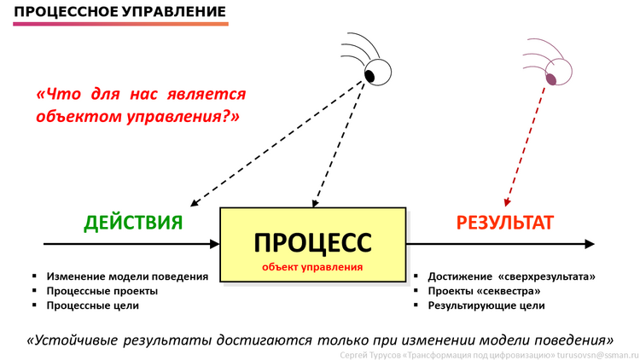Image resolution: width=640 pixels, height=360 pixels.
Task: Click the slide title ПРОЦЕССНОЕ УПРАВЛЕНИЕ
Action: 119,11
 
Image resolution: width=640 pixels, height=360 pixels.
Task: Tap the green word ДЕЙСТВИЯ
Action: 133,223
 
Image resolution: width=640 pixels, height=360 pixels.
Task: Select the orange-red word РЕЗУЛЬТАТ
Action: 504,223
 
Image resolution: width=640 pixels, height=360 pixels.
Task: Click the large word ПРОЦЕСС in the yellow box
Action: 312,243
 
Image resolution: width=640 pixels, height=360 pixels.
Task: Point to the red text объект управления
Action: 312,267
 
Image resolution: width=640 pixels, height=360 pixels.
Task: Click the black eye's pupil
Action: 369,76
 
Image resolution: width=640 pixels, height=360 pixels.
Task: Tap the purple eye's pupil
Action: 551,79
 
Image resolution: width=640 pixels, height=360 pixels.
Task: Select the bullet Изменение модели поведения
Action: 127,276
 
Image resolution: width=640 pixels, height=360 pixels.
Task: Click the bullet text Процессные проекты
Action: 102,292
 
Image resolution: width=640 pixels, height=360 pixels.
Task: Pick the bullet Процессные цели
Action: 93,305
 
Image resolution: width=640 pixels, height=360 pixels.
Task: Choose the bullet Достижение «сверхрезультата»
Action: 511,276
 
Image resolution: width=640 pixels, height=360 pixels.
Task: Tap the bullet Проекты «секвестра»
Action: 484,292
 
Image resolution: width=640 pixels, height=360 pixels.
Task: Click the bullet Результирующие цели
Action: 486,305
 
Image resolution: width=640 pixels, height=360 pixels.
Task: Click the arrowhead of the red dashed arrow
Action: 507,202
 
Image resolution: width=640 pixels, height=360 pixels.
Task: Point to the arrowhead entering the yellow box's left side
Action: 215,244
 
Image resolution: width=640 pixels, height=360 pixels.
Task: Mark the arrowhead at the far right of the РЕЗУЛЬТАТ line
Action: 590,244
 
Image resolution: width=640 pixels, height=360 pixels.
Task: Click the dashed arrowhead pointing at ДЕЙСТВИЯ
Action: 195,202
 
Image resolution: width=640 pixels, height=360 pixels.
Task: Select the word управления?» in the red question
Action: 183,118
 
